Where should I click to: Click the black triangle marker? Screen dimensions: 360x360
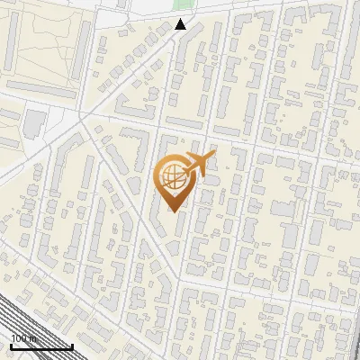click(181, 24)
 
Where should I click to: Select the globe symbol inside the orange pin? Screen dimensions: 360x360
click(172, 176)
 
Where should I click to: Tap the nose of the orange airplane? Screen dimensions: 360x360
click(214, 155)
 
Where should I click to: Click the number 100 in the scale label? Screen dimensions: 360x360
click(18, 338)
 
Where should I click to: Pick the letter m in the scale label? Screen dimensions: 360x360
click(31, 338)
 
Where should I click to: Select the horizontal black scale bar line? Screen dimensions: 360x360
click(40, 346)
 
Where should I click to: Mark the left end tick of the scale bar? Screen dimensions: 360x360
click(11, 345)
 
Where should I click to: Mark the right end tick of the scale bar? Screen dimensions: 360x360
click(72, 345)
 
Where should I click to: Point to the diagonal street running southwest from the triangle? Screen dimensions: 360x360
click(126, 81)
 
